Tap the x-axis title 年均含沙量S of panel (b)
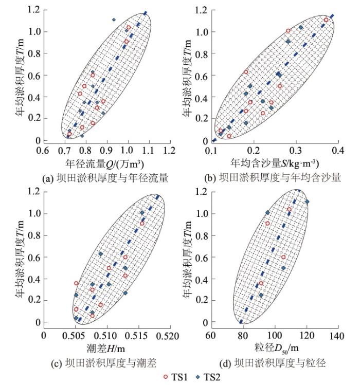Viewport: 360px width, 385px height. click(276, 164)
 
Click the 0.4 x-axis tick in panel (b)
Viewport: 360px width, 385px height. click(336, 151)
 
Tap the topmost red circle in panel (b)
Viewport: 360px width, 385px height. click(326, 20)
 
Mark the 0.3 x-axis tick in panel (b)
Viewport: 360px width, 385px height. click(295, 151)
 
